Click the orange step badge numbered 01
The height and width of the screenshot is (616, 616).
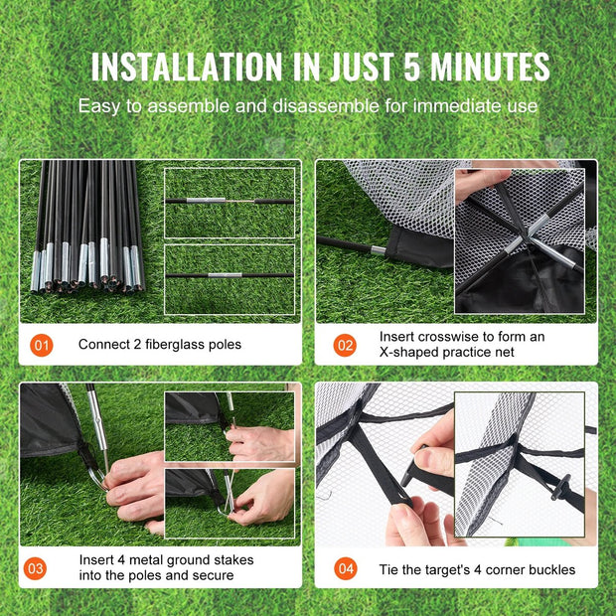42,346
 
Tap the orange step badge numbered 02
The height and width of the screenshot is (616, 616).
345,346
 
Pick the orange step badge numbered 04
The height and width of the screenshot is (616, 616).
345,569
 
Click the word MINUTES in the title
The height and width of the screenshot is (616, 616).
489,67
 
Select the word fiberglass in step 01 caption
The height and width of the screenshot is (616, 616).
177,345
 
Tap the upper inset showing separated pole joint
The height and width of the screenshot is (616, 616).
230,202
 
